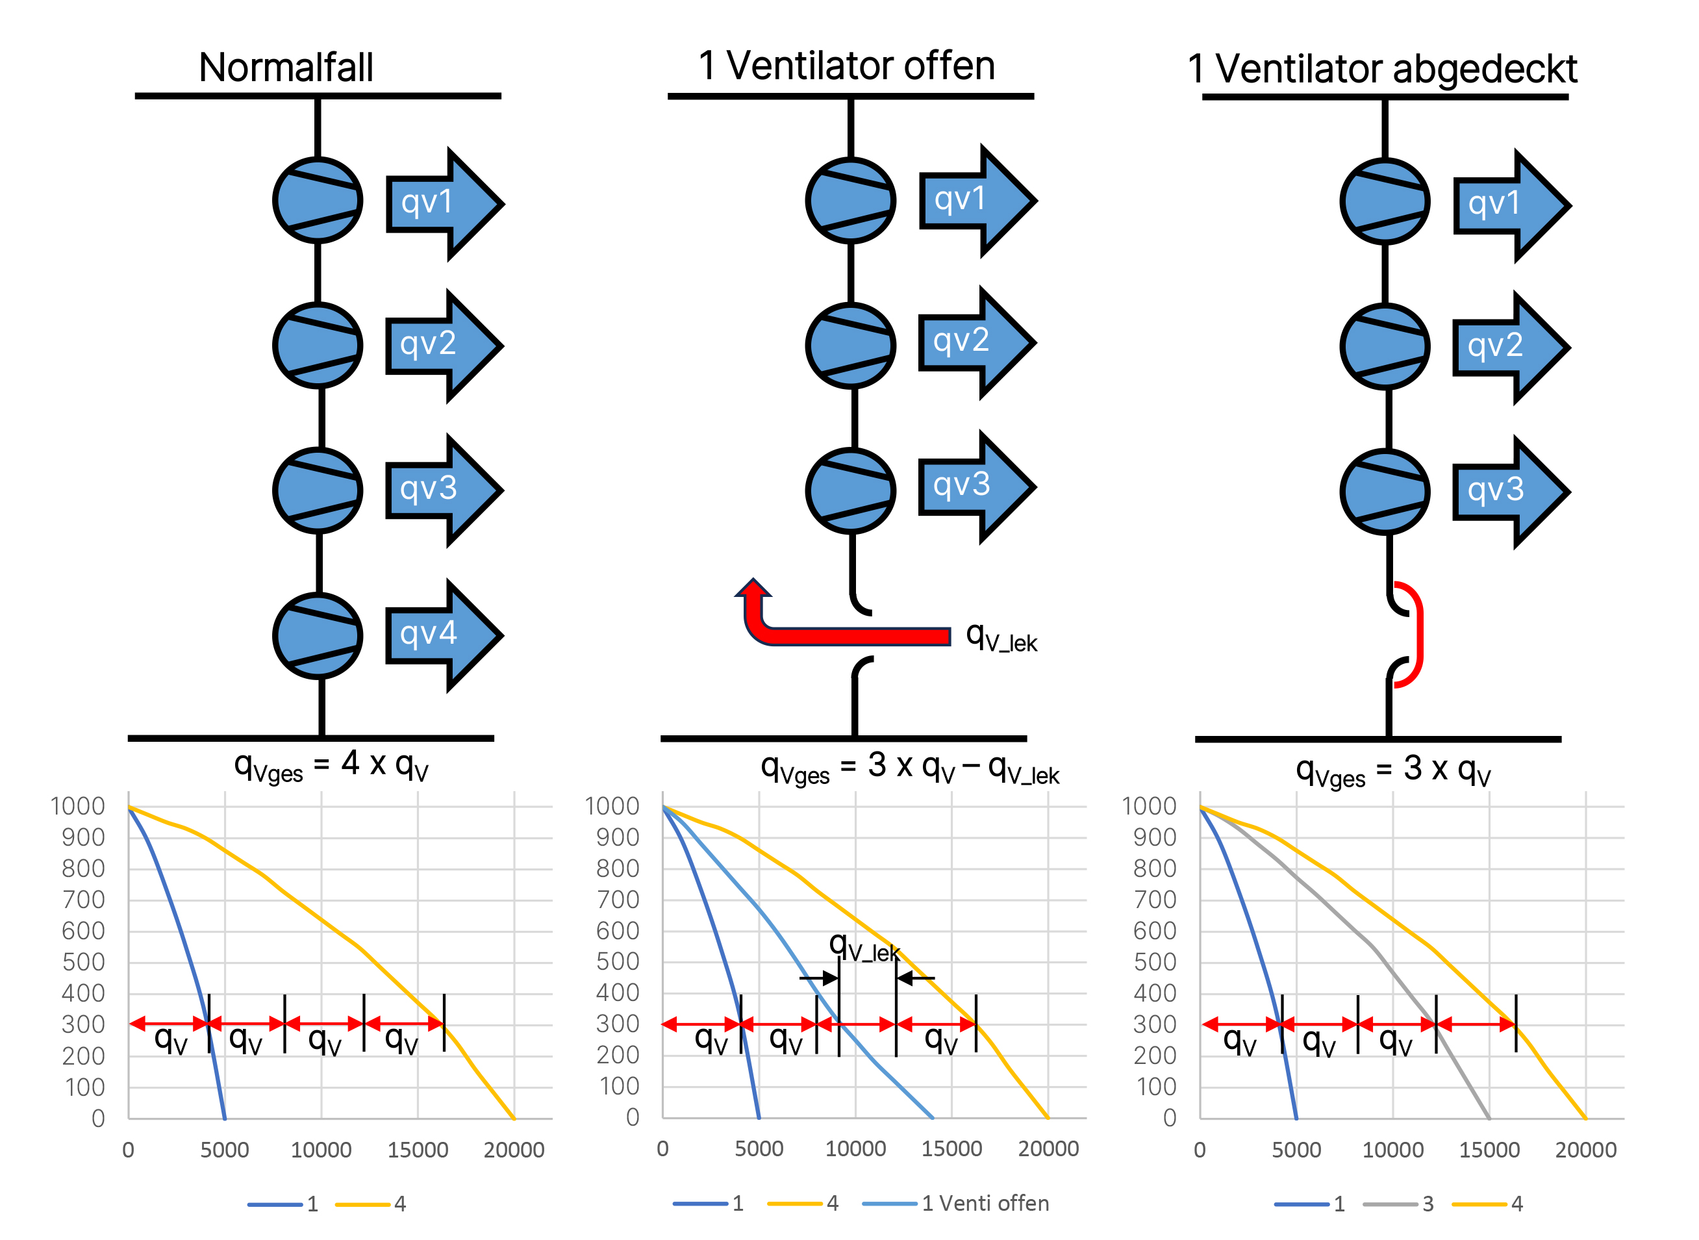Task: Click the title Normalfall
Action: tap(286, 68)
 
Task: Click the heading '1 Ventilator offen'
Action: tap(846, 66)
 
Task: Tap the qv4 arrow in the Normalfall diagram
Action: tap(443, 635)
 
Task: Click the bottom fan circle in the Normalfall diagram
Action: tap(318, 636)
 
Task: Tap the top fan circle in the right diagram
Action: tap(1385, 202)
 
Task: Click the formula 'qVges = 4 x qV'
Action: tap(331, 766)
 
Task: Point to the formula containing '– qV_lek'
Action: tap(909, 768)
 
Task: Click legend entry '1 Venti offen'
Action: tap(985, 1203)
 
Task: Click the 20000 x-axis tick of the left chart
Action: tap(514, 1149)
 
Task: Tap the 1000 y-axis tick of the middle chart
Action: tap(612, 806)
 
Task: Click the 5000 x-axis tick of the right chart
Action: tap(1296, 1149)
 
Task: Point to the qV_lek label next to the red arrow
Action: tap(1001, 637)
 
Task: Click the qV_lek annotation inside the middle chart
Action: tap(864, 947)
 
